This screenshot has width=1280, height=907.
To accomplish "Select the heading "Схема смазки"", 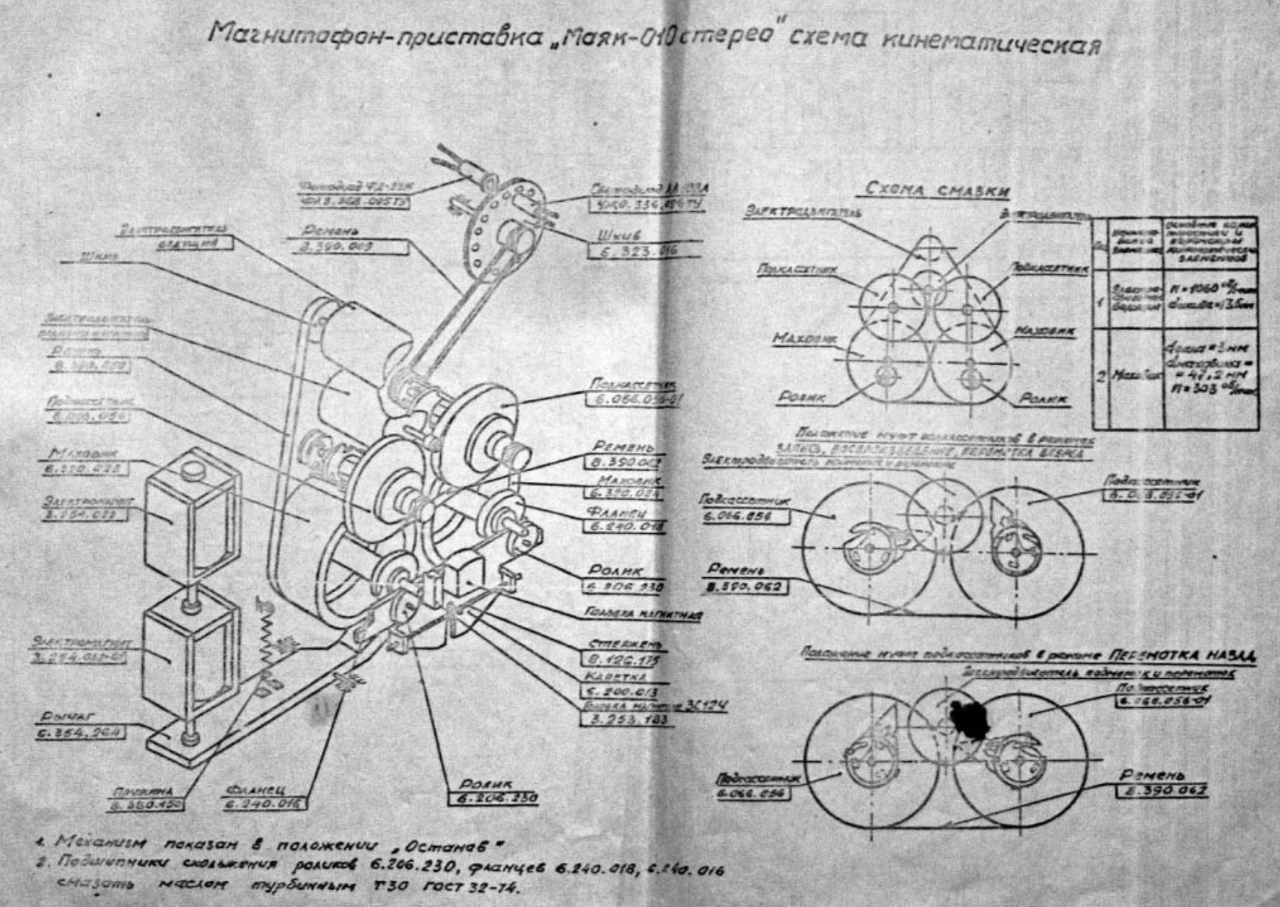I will [937, 190].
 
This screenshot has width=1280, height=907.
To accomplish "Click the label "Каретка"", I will [616, 676].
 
